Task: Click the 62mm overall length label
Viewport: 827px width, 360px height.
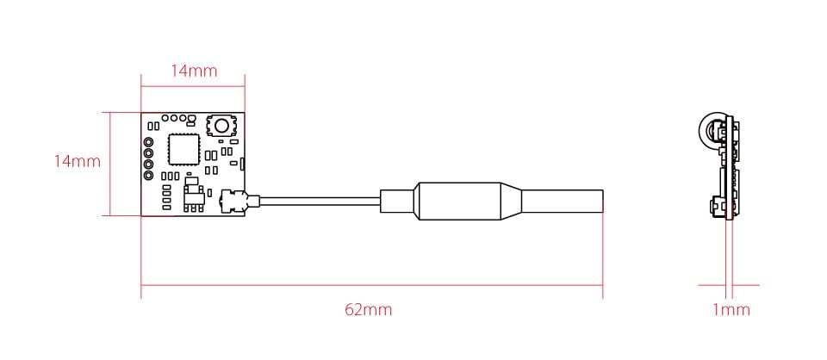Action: point(368,309)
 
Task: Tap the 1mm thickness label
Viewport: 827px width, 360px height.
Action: point(731,309)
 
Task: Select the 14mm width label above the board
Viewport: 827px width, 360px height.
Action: point(194,71)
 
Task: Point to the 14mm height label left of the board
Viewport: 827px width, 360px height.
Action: point(77,161)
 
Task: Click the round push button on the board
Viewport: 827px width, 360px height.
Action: point(221,126)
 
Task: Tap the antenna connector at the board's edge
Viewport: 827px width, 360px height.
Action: point(233,202)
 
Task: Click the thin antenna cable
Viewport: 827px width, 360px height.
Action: point(320,201)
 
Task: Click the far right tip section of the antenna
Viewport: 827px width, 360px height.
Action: point(563,201)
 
